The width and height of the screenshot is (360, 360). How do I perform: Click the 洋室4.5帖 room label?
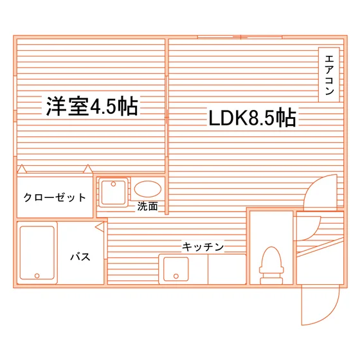point(92,107)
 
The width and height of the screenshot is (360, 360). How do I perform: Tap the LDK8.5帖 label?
point(252,118)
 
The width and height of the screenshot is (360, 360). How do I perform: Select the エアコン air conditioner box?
point(328,75)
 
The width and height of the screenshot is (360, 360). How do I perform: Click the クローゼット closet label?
point(55,197)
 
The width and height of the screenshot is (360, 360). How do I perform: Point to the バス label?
point(80,256)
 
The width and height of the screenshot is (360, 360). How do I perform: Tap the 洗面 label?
point(147,206)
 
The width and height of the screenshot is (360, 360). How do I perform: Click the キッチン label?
point(203,247)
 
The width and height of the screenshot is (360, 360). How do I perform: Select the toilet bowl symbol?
point(271,265)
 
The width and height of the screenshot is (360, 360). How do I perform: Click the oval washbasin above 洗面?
point(148,189)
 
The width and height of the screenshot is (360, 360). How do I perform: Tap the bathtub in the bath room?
point(37,253)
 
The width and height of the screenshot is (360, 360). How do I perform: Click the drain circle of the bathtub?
point(37,276)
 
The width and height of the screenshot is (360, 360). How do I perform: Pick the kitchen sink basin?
point(176,269)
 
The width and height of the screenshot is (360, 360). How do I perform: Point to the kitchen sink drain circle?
point(176,276)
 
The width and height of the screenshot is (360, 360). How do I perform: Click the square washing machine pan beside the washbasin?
point(113,192)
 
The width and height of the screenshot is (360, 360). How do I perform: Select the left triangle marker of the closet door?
point(22,169)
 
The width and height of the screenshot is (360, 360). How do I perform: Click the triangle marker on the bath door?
point(100,228)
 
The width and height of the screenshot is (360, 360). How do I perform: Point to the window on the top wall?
point(240,37)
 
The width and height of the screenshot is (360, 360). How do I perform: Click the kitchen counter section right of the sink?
point(227,269)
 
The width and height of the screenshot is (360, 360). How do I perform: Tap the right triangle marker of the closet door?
point(87,169)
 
